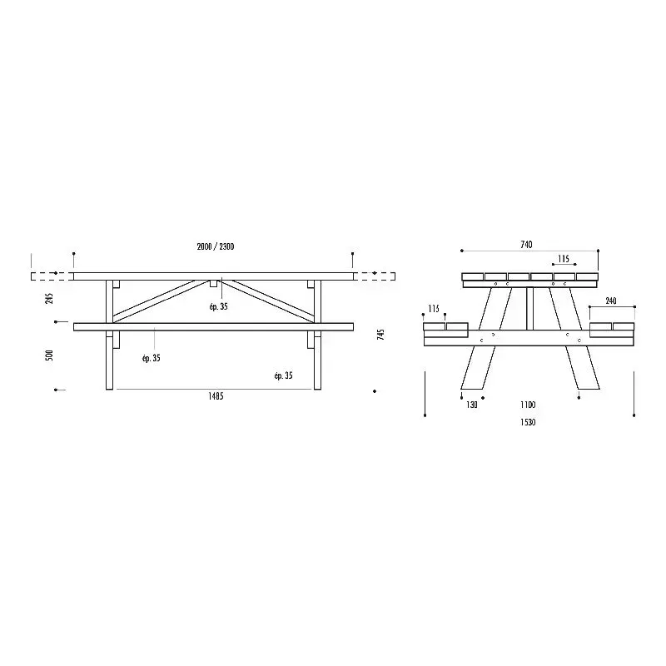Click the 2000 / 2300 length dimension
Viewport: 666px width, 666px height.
pos(216,246)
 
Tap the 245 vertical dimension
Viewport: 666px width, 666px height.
pos(50,298)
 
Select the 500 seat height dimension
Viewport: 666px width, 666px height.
pos(49,355)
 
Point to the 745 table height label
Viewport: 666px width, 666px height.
pos(380,335)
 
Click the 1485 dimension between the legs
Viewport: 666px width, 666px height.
pos(216,396)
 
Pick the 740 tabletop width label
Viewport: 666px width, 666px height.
pos(526,245)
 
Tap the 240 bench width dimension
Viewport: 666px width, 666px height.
pos(611,301)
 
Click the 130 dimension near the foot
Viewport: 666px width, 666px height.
pos(472,405)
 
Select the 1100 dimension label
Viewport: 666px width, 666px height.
pos(528,405)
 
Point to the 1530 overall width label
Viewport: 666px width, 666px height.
pos(528,422)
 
